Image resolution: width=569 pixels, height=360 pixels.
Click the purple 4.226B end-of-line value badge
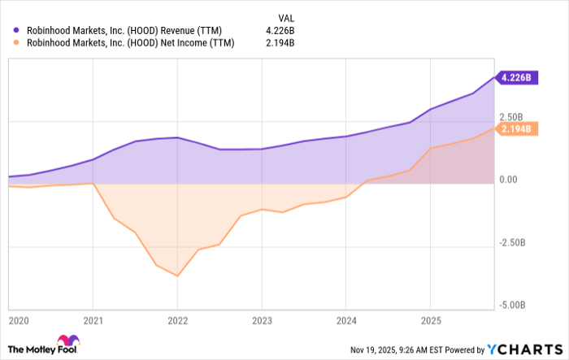pyautogui.click(x=517, y=79)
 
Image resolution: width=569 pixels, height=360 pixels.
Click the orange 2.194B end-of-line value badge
pyautogui.click(x=517, y=128)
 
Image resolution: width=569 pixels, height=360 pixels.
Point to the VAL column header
pyautogui.click(x=288, y=17)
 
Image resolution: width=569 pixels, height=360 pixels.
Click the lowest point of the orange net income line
pyautogui.click(x=177, y=275)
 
